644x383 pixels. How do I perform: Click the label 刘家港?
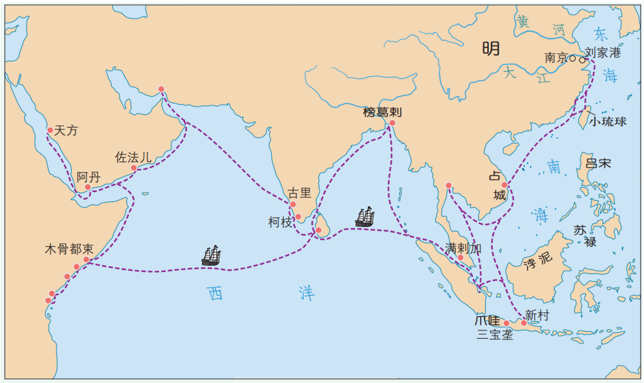pyautogui.click(x=603, y=53)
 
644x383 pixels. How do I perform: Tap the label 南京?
pyautogui.click(x=556, y=58)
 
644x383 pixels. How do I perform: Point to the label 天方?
pyautogui.click(x=66, y=130)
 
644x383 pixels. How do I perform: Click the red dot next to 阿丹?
pyautogui.click(x=87, y=187)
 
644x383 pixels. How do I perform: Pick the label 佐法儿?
pyautogui.click(x=133, y=157)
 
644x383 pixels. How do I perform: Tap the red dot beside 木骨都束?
pyautogui.click(x=86, y=259)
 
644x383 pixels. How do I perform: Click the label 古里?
pyautogui.click(x=299, y=193)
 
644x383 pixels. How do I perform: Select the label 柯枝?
pyautogui.click(x=280, y=222)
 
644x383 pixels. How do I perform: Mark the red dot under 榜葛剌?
pyautogui.click(x=392, y=123)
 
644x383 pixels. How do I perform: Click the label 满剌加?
pyautogui.click(x=463, y=248)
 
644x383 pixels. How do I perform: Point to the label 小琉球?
pyautogui.click(x=608, y=121)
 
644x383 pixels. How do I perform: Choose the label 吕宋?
pyautogui.click(x=598, y=163)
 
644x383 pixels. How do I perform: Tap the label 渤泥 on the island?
pyautogui.click(x=537, y=259)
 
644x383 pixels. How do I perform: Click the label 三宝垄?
pyautogui.click(x=495, y=335)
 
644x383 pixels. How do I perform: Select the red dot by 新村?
pyautogui.click(x=524, y=323)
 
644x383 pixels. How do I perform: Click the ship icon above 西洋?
pyautogui.click(x=211, y=256)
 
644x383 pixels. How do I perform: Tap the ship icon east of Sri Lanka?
pyautogui.click(x=365, y=217)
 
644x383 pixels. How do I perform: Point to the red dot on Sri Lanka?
pyautogui.click(x=318, y=230)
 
